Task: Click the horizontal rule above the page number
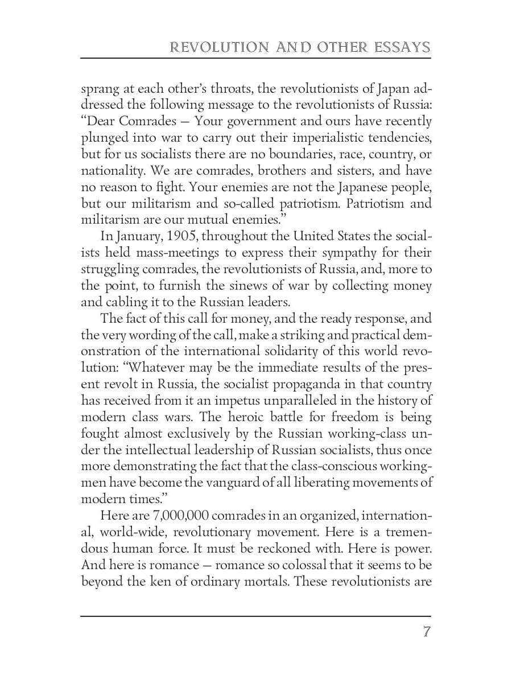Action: (256, 616)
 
